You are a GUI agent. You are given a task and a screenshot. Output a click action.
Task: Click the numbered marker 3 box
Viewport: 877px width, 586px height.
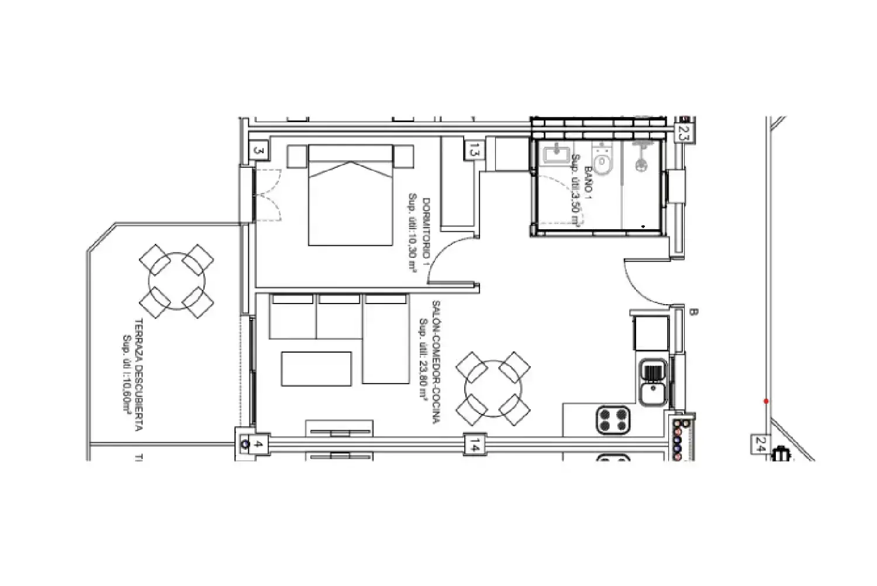tap(259, 151)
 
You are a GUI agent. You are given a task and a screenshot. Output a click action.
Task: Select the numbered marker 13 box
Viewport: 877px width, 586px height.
tap(474, 150)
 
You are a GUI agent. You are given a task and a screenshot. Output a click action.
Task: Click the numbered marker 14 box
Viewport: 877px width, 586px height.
tap(474, 445)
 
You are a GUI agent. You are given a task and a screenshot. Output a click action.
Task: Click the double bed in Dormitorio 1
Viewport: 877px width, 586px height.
tap(350, 195)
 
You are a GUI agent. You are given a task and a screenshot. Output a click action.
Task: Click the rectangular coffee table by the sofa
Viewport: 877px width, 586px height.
tap(316, 368)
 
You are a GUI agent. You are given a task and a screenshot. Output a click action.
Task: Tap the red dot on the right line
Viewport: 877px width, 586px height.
tap(766, 401)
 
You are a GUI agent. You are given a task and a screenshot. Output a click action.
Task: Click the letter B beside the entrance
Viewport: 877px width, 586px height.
tap(693, 312)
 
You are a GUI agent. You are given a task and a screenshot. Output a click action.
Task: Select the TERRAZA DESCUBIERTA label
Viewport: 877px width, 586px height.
tap(132, 374)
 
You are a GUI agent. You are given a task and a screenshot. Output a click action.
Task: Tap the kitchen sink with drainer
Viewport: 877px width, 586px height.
tap(652, 382)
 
